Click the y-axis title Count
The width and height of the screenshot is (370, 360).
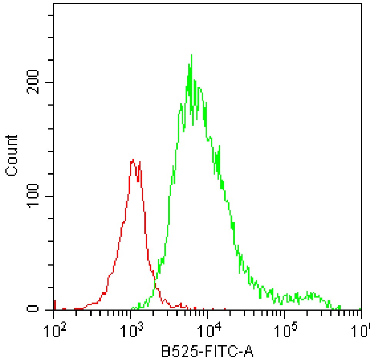pyautogui.click(x=12, y=155)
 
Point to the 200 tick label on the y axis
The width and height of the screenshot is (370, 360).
pyautogui.click(x=34, y=82)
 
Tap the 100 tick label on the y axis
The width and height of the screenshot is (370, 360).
pyautogui.click(x=34, y=196)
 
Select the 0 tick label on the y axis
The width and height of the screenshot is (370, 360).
pyautogui.click(x=34, y=309)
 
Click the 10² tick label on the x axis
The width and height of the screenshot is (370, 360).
pyautogui.click(x=54, y=329)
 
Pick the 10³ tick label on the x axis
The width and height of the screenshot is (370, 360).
pyautogui.click(x=131, y=329)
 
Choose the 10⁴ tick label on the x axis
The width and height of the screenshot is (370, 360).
pyautogui.click(x=208, y=329)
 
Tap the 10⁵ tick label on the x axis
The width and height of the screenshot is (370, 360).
pyautogui.click(x=285, y=329)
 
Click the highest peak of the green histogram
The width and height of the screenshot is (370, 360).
pyautogui.click(x=191, y=55)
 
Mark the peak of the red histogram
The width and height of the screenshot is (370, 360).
pyautogui.click(x=133, y=160)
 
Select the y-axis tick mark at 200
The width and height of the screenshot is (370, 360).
pyautogui.click(x=50, y=82)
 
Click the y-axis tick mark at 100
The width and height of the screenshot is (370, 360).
pyautogui.click(x=50, y=196)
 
